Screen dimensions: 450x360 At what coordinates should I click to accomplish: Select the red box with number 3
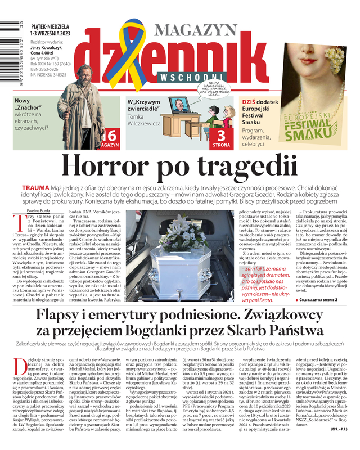pyautogui.click(x=221, y=137)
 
